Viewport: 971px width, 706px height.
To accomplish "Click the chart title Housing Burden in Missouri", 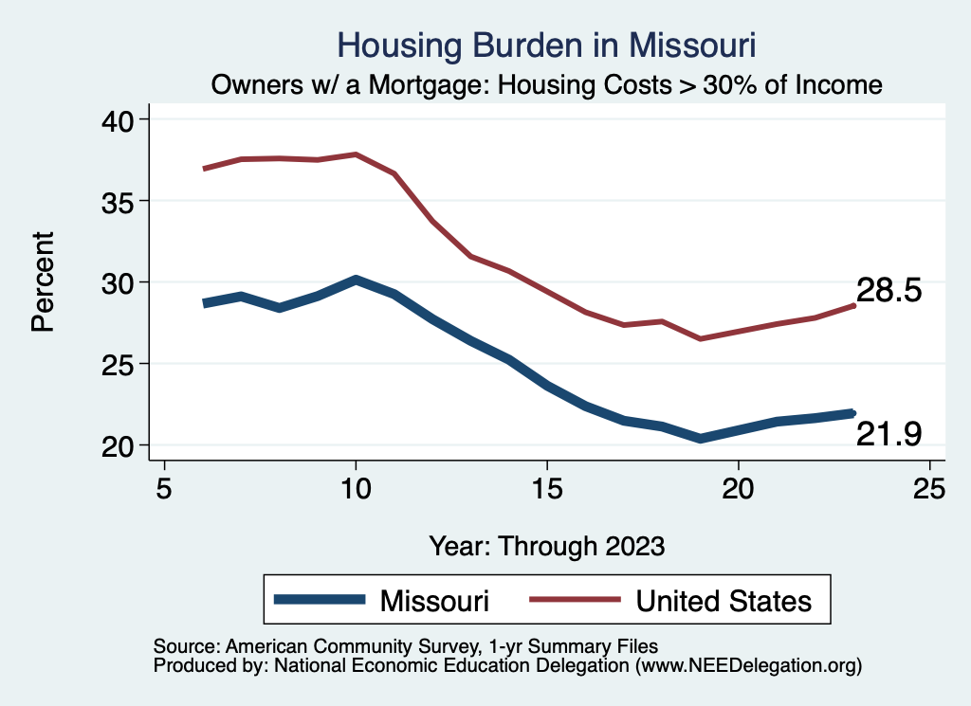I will point(546,45).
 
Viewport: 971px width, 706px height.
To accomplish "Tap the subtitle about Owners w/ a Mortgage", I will point(547,85).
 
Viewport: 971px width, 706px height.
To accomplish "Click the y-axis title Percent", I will point(42,282).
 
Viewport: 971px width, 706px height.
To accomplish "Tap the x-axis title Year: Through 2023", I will point(547,546).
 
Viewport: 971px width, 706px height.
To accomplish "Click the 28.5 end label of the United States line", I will point(889,291).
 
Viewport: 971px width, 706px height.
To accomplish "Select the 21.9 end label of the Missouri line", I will point(889,434).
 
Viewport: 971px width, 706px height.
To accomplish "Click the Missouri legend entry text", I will point(434,601).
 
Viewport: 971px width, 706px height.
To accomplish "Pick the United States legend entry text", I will point(724,601).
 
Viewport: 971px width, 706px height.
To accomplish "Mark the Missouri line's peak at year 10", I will point(356,280).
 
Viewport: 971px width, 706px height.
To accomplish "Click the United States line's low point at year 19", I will point(700,338).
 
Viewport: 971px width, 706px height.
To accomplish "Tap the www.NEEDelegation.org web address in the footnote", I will point(749,666).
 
